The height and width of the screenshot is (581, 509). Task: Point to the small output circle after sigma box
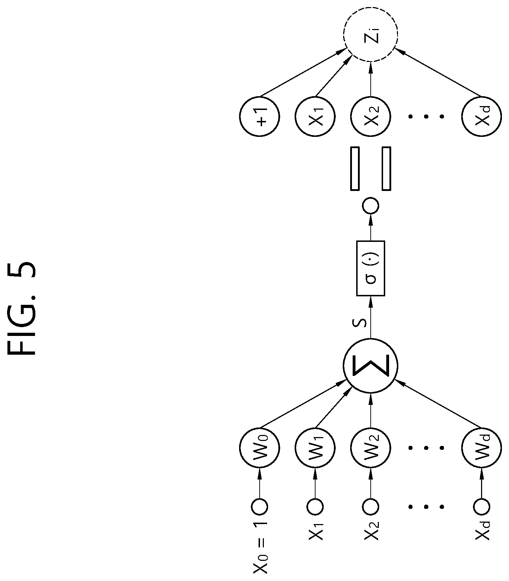coord(371,205)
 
